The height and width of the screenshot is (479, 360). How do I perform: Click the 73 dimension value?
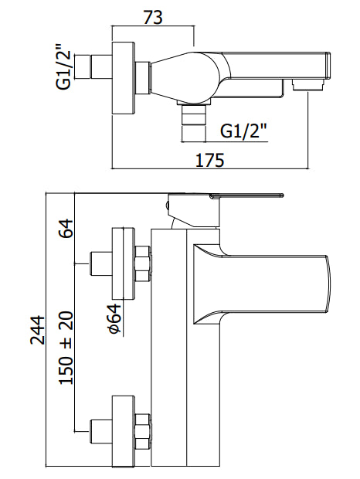153,18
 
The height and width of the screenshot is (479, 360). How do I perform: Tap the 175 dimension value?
210,160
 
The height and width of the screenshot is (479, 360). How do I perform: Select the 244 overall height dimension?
38,330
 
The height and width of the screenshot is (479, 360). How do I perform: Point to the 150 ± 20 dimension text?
66,348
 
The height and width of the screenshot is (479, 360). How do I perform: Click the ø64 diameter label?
115,318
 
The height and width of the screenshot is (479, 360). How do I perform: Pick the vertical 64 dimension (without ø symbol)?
66,228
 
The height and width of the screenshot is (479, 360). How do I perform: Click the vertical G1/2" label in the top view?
63,67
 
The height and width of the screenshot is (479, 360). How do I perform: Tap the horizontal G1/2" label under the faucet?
243,131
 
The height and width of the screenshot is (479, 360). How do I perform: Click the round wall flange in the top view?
123,78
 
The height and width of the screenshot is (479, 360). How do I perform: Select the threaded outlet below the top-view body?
194,122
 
